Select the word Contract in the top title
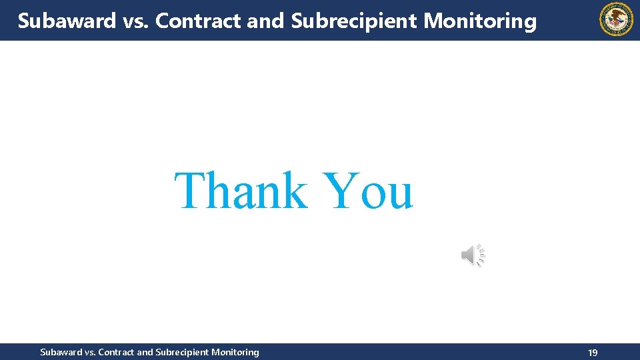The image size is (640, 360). (198, 21)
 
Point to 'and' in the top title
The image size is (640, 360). (266, 21)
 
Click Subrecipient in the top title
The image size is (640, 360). (354, 21)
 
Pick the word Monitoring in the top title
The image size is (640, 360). (479, 21)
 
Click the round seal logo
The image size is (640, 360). (617, 19)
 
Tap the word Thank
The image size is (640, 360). (241, 191)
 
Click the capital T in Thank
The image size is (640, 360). (193, 191)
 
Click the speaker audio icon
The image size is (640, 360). (473, 255)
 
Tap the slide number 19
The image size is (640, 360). (593, 353)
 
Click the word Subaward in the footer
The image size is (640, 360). (62, 352)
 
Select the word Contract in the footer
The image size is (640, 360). (116, 352)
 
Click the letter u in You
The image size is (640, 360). (399, 195)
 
